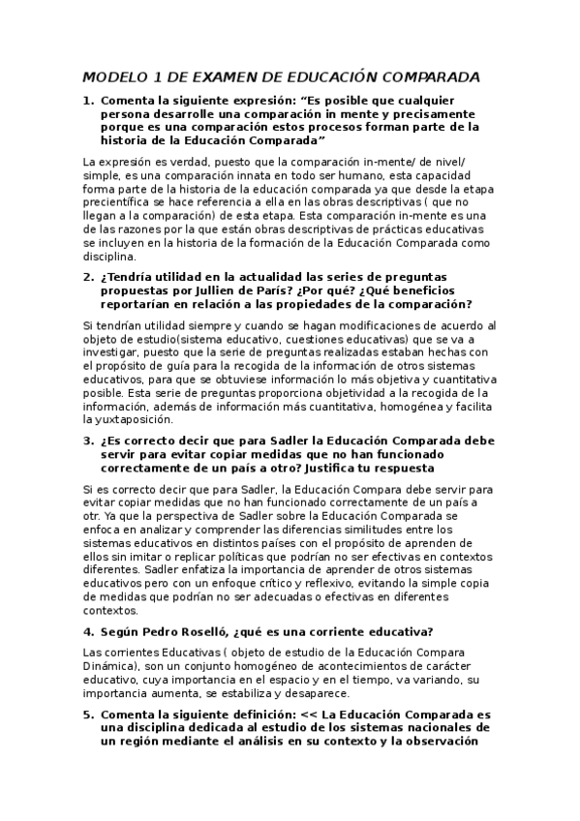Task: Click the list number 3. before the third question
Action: pos(88,440)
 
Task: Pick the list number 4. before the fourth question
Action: pos(88,631)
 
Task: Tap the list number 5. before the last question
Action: pos(88,714)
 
